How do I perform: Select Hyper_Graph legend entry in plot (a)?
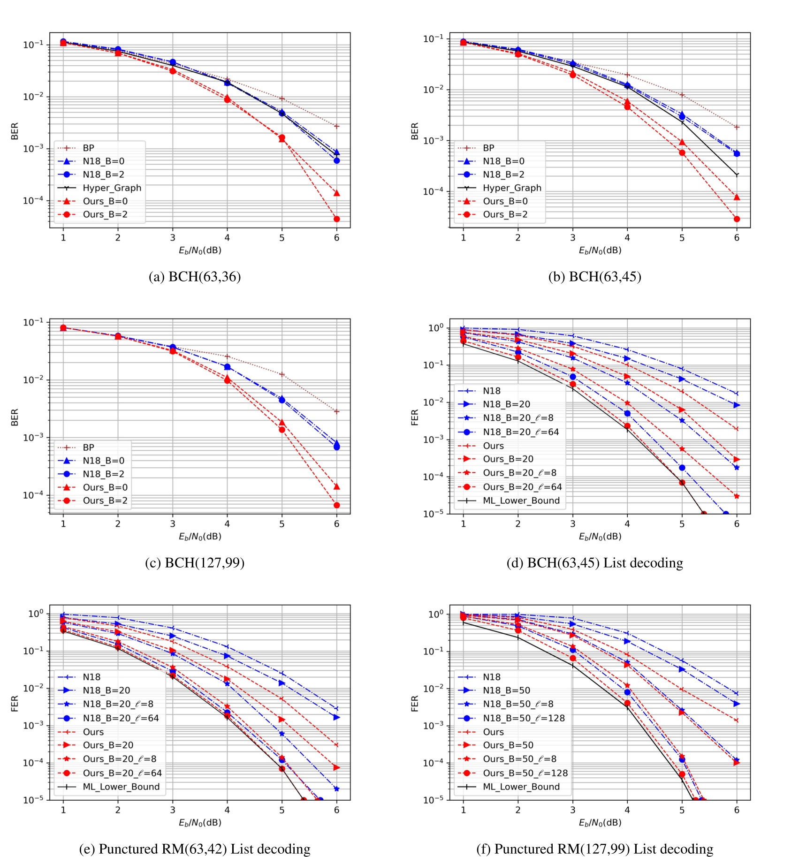click(x=112, y=188)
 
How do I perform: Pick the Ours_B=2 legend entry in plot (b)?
click(x=505, y=214)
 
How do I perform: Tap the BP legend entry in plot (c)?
click(x=88, y=447)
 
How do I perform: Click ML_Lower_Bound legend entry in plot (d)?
click(x=521, y=501)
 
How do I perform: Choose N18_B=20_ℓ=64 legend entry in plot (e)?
click(x=121, y=718)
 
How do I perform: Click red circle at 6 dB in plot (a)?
click(x=336, y=219)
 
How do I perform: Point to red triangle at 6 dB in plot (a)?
click(x=336, y=193)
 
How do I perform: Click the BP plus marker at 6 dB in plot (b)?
click(x=737, y=127)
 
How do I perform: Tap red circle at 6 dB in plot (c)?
click(x=336, y=505)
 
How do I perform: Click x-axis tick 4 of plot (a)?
click(x=227, y=238)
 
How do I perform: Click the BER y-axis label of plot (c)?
click(x=15, y=417)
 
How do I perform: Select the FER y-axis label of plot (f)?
click(x=414, y=703)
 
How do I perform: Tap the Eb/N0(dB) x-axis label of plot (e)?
click(x=200, y=822)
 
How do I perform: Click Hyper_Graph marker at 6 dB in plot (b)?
click(x=737, y=175)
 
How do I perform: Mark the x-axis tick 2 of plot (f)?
click(x=518, y=810)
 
